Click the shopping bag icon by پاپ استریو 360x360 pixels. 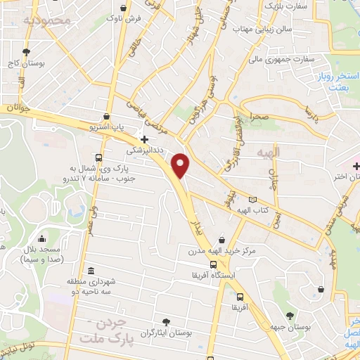(x=106, y=117)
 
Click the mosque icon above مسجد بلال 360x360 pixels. (x=42, y=239)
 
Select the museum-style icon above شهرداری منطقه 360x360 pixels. (x=91, y=271)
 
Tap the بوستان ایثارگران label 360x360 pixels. (x=167, y=332)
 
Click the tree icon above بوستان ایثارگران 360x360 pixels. (x=166, y=321)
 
